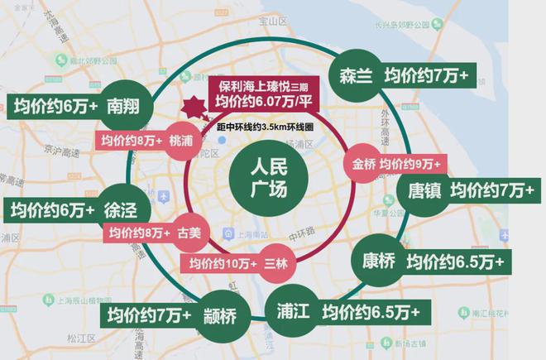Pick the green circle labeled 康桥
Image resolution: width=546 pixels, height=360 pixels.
(x=378, y=262)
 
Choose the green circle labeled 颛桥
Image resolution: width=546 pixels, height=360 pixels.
(x=220, y=315)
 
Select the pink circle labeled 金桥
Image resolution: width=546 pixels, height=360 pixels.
(x=363, y=163)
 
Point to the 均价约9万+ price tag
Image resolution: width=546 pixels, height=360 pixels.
(x=409, y=163)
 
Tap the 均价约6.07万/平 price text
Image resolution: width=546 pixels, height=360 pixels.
(x=260, y=101)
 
